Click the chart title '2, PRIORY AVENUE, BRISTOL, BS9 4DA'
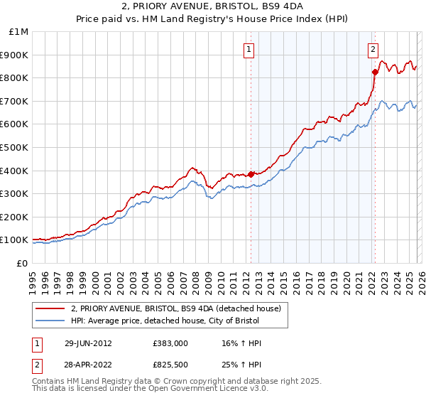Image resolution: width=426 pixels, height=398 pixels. coord(213,8)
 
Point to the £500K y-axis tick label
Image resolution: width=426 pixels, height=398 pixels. coord(16,147)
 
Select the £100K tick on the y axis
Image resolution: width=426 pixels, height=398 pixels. coord(16,240)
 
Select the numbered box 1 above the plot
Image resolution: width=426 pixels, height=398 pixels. coord(250,49)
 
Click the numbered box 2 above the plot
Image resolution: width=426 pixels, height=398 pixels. coord(373,49)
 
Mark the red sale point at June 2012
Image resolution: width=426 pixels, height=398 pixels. coord(251,173)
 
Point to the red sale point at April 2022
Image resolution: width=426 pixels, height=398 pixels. coord(373,71)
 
